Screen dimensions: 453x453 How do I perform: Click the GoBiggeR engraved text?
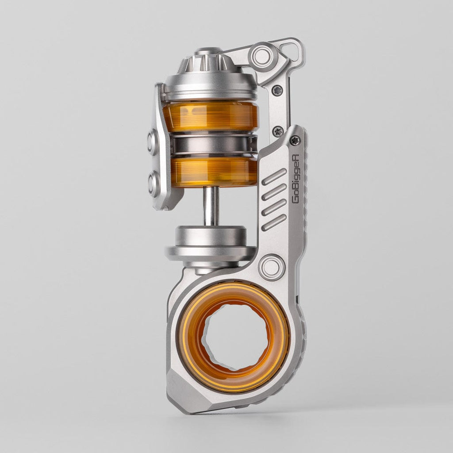[296, 179]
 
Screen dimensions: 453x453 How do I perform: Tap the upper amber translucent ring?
[210, 116]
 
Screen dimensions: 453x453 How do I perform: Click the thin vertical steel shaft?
[211, 206]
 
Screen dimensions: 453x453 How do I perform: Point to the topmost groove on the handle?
[274, 177]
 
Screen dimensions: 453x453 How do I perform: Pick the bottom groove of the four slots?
[274, 223]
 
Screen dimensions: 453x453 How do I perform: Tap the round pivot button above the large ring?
[272, 267]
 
